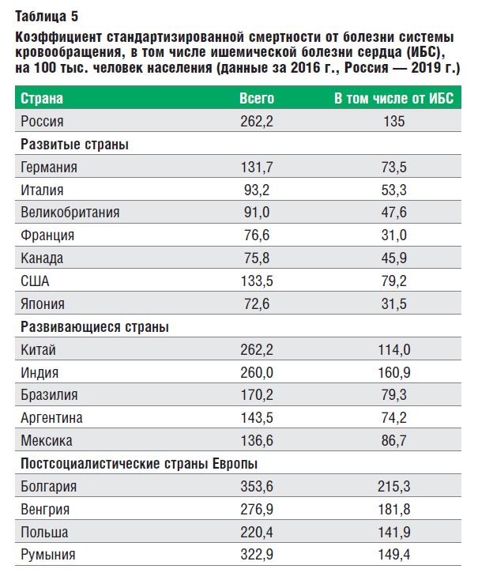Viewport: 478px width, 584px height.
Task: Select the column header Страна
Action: pos(42,99)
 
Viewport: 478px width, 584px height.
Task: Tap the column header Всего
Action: pos(257,99)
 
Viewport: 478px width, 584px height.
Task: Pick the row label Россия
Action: pos(42,122)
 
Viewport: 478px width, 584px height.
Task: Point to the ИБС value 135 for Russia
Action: pos(393,122)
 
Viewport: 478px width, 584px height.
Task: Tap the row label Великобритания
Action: pos(70,213)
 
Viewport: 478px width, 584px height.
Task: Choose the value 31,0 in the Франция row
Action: pos(393,235)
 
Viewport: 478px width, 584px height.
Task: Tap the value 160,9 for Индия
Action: pos(393,372)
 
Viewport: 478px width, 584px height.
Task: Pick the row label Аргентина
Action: pos(52,418)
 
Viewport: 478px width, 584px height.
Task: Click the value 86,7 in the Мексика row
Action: pos(393,441)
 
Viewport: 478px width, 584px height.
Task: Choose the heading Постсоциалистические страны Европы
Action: pos(139,463)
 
